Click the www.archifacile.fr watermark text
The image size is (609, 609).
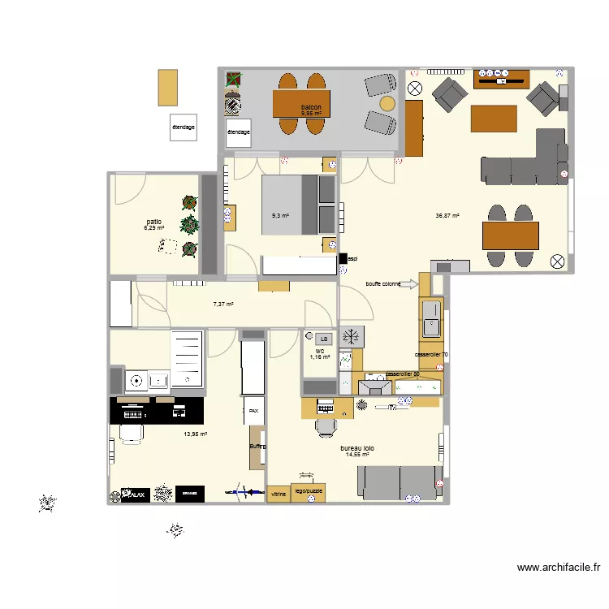click(558, 568)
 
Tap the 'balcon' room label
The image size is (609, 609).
click(311, 107)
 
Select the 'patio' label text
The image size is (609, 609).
click(153, 221)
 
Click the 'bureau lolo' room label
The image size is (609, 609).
click(357, 447)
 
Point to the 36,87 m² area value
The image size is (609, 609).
click(447, 216)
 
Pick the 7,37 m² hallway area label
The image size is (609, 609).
click(222, 304)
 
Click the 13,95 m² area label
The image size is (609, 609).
click(195, 434)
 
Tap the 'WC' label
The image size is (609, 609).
click(319, 351)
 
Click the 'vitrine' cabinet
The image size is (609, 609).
click(278, 494)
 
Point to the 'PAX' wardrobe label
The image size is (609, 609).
click(254, 411)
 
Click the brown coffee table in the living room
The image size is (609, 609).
click(494, 118)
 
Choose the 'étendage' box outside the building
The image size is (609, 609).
click(183, 127)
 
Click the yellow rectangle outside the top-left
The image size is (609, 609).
click(167, 87)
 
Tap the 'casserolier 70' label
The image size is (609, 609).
click(431, 355)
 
